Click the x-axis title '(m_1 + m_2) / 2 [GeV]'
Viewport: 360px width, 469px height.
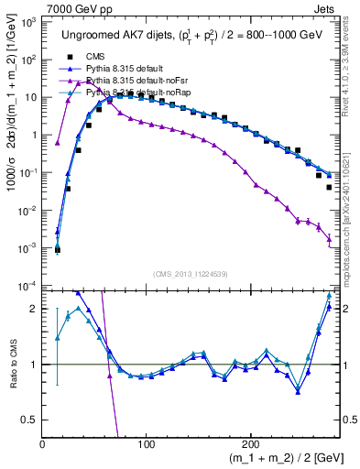coord(281,459)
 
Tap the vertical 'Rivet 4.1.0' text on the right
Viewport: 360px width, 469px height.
coord(351,55)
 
